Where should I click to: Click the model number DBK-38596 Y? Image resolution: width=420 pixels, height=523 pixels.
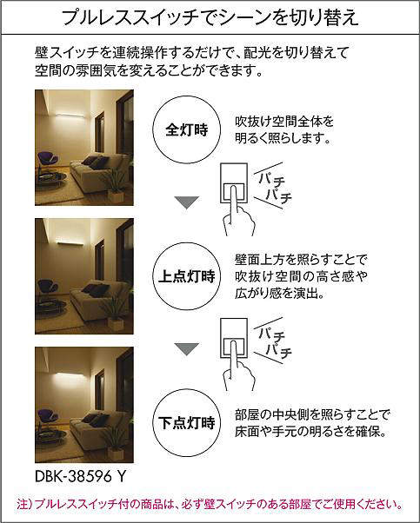coord(80,476)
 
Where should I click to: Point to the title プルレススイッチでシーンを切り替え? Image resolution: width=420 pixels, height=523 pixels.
coord(210,17)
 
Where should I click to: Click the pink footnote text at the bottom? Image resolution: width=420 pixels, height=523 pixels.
coord(210,504)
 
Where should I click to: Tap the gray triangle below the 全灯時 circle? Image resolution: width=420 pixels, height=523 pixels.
coord(187,202)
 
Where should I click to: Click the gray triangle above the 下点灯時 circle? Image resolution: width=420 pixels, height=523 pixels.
coord(187,349)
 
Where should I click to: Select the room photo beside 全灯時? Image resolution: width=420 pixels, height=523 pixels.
coord(84,148)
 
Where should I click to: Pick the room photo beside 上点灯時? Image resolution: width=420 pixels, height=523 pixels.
coord(84,276)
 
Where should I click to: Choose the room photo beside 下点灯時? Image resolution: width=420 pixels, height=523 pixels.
coord(84,405)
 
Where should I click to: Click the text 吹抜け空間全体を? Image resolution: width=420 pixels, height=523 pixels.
coord(284,122)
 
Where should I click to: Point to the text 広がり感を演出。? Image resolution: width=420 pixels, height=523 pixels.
coord(279,293)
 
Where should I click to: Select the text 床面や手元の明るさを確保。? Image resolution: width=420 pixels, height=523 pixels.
coord(310,432)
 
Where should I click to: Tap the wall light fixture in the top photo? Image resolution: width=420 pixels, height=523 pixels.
coord(70,115)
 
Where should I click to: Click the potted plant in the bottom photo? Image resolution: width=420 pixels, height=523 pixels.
coord(115,440)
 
